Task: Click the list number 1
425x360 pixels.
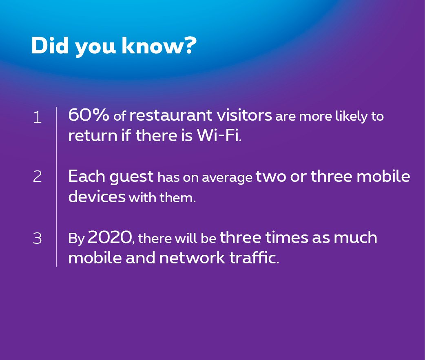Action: (x=38, y=117)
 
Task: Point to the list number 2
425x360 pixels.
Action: (x=38, y=177)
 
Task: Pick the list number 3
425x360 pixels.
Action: (x=38, y=239)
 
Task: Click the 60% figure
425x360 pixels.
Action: (x=89, y=115)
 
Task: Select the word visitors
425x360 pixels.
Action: (x=244, y=115)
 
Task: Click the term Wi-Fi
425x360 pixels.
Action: (x=219, y=135)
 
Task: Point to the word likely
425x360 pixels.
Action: (x=352, y=117)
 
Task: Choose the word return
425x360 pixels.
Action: (x=93, y=135)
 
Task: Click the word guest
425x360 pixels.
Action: (x=131, y=177)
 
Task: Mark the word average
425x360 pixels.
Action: (x=227, y=178)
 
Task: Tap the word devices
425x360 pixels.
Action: (x=97, y=196)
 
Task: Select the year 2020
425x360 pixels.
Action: (x=109, y=237)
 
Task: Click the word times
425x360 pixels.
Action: (x=287, y=237)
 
